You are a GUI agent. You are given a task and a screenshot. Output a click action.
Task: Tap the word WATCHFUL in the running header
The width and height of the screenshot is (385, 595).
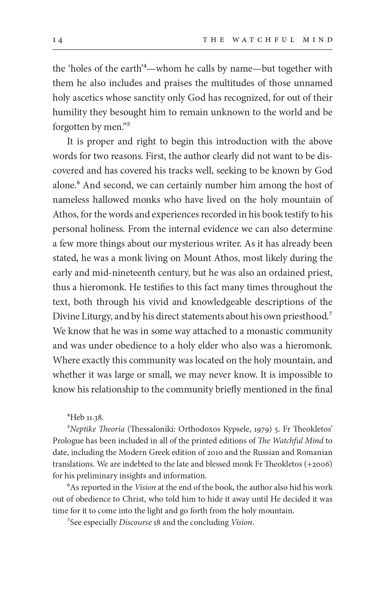click(263, 40)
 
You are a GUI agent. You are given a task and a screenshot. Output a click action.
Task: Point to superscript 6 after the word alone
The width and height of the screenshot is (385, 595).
click(78, 183)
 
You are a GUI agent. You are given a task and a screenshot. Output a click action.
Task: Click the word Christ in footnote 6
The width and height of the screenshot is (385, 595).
click(133, 499)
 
